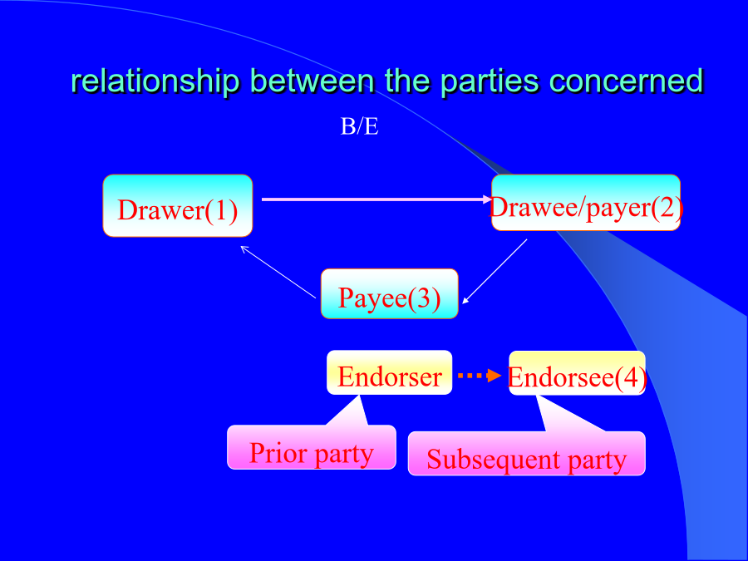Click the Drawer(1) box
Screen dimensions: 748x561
tap(178, 205)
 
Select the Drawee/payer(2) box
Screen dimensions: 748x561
tap(586, 203)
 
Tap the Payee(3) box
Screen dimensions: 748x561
tap(389, 294)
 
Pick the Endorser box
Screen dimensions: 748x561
tap(389, 372)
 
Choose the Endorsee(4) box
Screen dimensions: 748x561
tap(578, 373)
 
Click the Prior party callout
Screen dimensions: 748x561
tap(312, 447)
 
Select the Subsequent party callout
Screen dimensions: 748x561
tap(527, 453)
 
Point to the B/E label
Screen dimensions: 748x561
tap(359, 127)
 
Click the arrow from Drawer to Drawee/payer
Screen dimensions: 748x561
tap(376, 199)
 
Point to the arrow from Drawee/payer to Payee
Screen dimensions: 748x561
tap(495, 272)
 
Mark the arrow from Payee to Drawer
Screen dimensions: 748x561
tap(278, 272)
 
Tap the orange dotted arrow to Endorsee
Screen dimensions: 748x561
tap(480, 376)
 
